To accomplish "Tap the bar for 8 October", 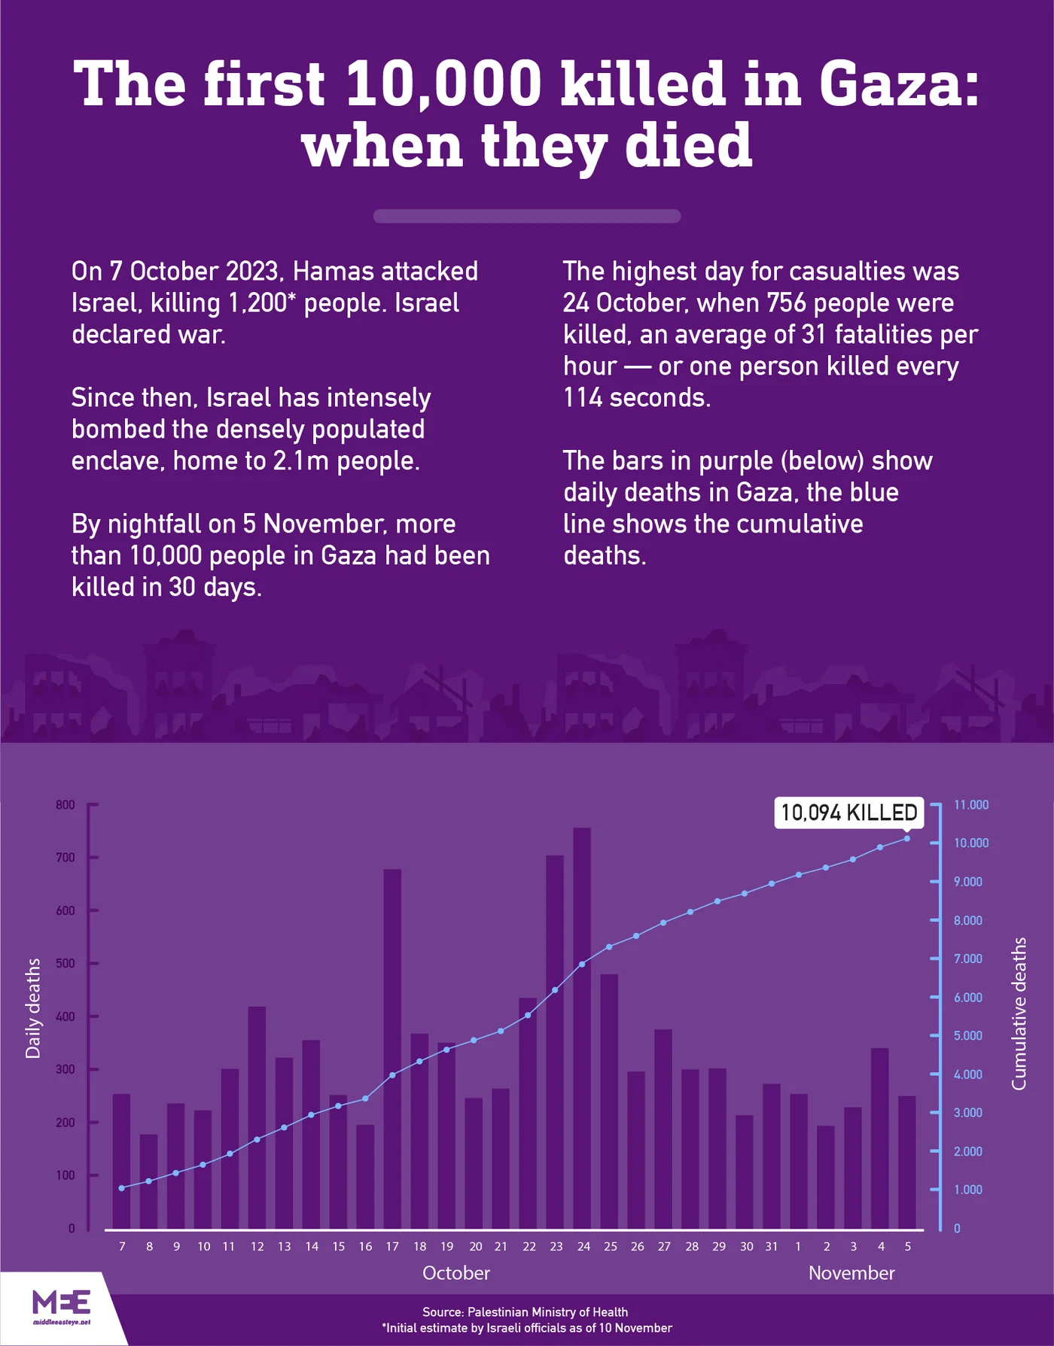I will click(149, 1181).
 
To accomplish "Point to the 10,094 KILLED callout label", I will click(848, 813).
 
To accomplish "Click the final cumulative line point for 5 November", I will click(906, 838).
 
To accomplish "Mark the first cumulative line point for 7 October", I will click(122, 1188).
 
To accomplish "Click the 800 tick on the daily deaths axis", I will click(66, 805).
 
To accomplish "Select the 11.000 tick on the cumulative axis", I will click(970, 805).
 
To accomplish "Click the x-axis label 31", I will click(772, 1247).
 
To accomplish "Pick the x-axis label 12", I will click(257, 1247).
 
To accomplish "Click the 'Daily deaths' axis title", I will click(33, 1008).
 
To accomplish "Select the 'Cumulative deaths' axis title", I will click(1019, 1013).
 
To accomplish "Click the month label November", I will click(851, 1273).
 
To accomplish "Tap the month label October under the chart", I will click(456, 1273).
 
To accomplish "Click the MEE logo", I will click(62, 1304).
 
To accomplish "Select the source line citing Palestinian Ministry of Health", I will click(525, 1312).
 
